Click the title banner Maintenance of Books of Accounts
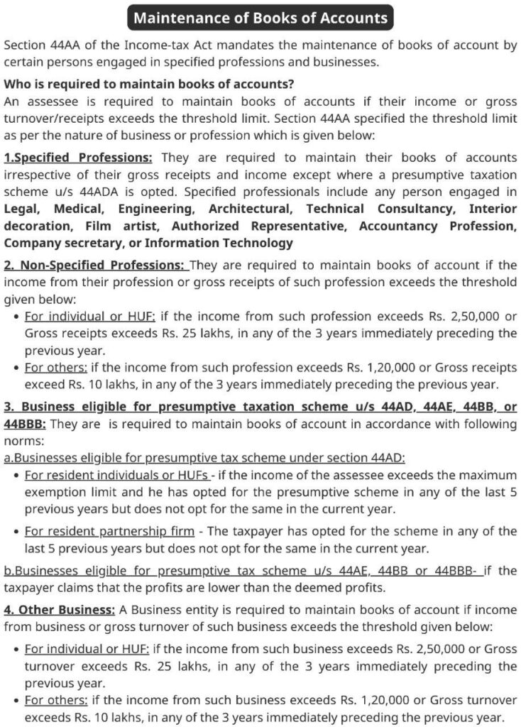[260, 18]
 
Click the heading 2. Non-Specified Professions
[96, 266]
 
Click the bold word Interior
[493, 209]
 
